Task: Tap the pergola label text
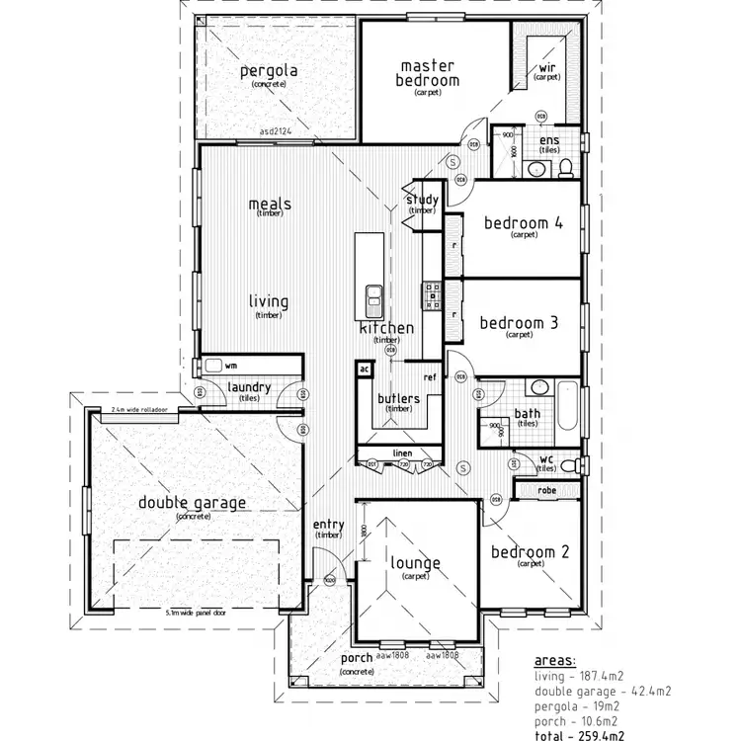(x=269, y=71)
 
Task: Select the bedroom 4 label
(x=523, y=223)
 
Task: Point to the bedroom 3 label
(x=520, y=323)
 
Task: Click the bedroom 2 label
(x=530, y=552)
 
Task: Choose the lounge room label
(x=415, y=563)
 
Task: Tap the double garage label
(x=193, y=503)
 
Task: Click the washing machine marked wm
(x=213, y=365)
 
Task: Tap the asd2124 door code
(x=280, y=130)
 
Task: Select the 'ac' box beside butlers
(x=364, y=369)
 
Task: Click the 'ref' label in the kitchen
(x=430, y=377)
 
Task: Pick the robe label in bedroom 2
(x=546, y=490)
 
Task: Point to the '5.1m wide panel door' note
(x=194, y=613)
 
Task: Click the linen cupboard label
(x=402, y=453)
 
